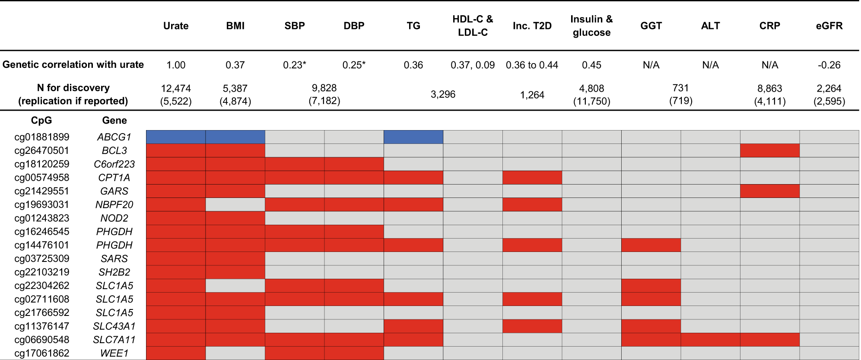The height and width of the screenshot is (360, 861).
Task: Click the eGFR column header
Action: (829, 26)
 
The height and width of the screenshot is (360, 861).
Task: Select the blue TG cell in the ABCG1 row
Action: (413, 137)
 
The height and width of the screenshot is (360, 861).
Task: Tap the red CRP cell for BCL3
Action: (769, 150)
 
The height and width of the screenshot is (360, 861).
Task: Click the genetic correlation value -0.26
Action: (829, 65)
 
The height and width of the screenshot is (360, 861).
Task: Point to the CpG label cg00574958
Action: (42, 178)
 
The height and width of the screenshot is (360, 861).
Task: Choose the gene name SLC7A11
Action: (114, 340)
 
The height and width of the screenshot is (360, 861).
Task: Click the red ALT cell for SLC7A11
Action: (710, 340)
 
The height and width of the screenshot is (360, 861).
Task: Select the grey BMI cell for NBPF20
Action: (235, 204)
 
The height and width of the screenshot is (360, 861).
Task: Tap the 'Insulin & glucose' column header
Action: (591, 26)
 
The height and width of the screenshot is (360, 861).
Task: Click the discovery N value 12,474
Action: (176, 89)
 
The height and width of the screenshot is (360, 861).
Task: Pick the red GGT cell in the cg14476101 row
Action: (651, 245)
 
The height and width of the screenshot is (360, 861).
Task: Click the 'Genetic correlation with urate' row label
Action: (73, 65)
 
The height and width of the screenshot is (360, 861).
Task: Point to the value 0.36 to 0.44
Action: (532, 65)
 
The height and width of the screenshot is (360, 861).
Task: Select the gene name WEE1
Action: (114, 353)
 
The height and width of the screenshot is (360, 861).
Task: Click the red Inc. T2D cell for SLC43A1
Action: (532, 326)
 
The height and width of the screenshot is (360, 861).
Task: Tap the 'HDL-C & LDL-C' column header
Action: (473, 26)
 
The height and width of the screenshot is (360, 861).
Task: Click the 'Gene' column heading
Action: (114, 121)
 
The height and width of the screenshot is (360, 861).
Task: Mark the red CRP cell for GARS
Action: (769, 191)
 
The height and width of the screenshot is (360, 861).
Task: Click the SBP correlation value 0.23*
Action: (294, 65)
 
